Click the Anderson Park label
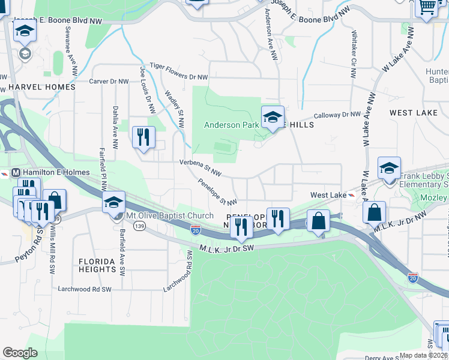click(x=231, y=125)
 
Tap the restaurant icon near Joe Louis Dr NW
click(x=143, y=137)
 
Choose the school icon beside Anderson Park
click(x=272, y=116)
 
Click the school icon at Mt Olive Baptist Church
click(x=113, y=203)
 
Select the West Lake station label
click(x=328, y=195)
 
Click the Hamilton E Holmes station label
click(x=56, y=172)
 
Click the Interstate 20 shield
click(x=196, y=230)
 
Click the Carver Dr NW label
click(x=109, y=81)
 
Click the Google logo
click(x=20, y=353)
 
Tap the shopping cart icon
click(x=427, y=7)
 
